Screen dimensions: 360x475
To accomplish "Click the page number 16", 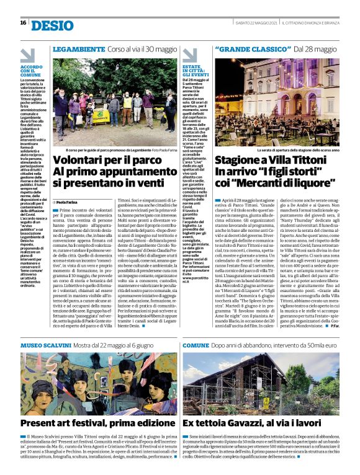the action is coord(23,23).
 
